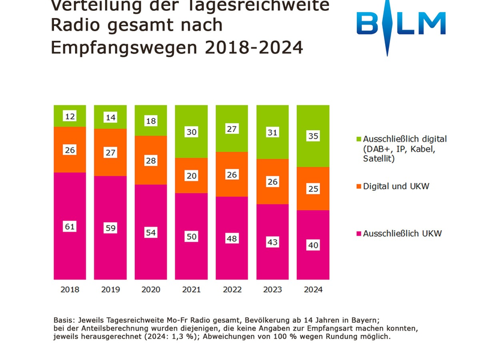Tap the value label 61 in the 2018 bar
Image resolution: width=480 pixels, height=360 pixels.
70,226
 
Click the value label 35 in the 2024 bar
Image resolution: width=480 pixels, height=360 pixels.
313,136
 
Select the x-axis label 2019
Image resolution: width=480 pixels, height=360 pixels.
110,289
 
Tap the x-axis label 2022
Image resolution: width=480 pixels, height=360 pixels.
232,289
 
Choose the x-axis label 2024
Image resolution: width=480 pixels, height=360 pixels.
313,289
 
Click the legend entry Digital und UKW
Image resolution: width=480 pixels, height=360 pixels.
396,187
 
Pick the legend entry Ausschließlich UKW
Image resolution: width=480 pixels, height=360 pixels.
402,233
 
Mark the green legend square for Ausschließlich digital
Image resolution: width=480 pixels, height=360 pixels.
358,139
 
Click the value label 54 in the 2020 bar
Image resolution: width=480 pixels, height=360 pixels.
151,232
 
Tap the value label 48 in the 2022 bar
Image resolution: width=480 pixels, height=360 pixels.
232,238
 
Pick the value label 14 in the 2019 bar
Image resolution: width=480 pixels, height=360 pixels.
110,118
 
